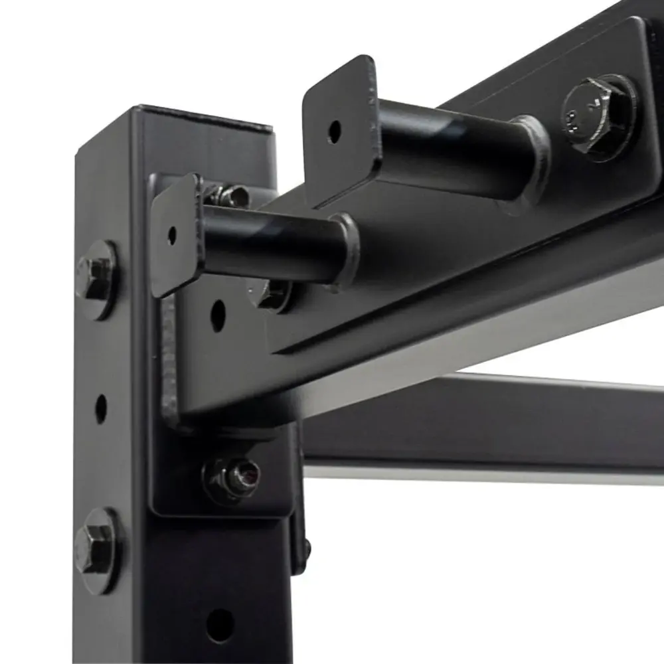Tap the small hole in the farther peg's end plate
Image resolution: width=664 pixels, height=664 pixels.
(x=334, y=131)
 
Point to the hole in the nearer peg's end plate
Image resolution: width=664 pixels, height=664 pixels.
(x=172, y=234)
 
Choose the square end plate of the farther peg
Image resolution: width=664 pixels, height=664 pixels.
(x=341, y=129)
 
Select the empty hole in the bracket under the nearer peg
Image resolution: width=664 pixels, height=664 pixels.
(x=218, y=315)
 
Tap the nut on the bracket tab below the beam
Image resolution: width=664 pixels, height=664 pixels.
(x=232, y=476)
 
